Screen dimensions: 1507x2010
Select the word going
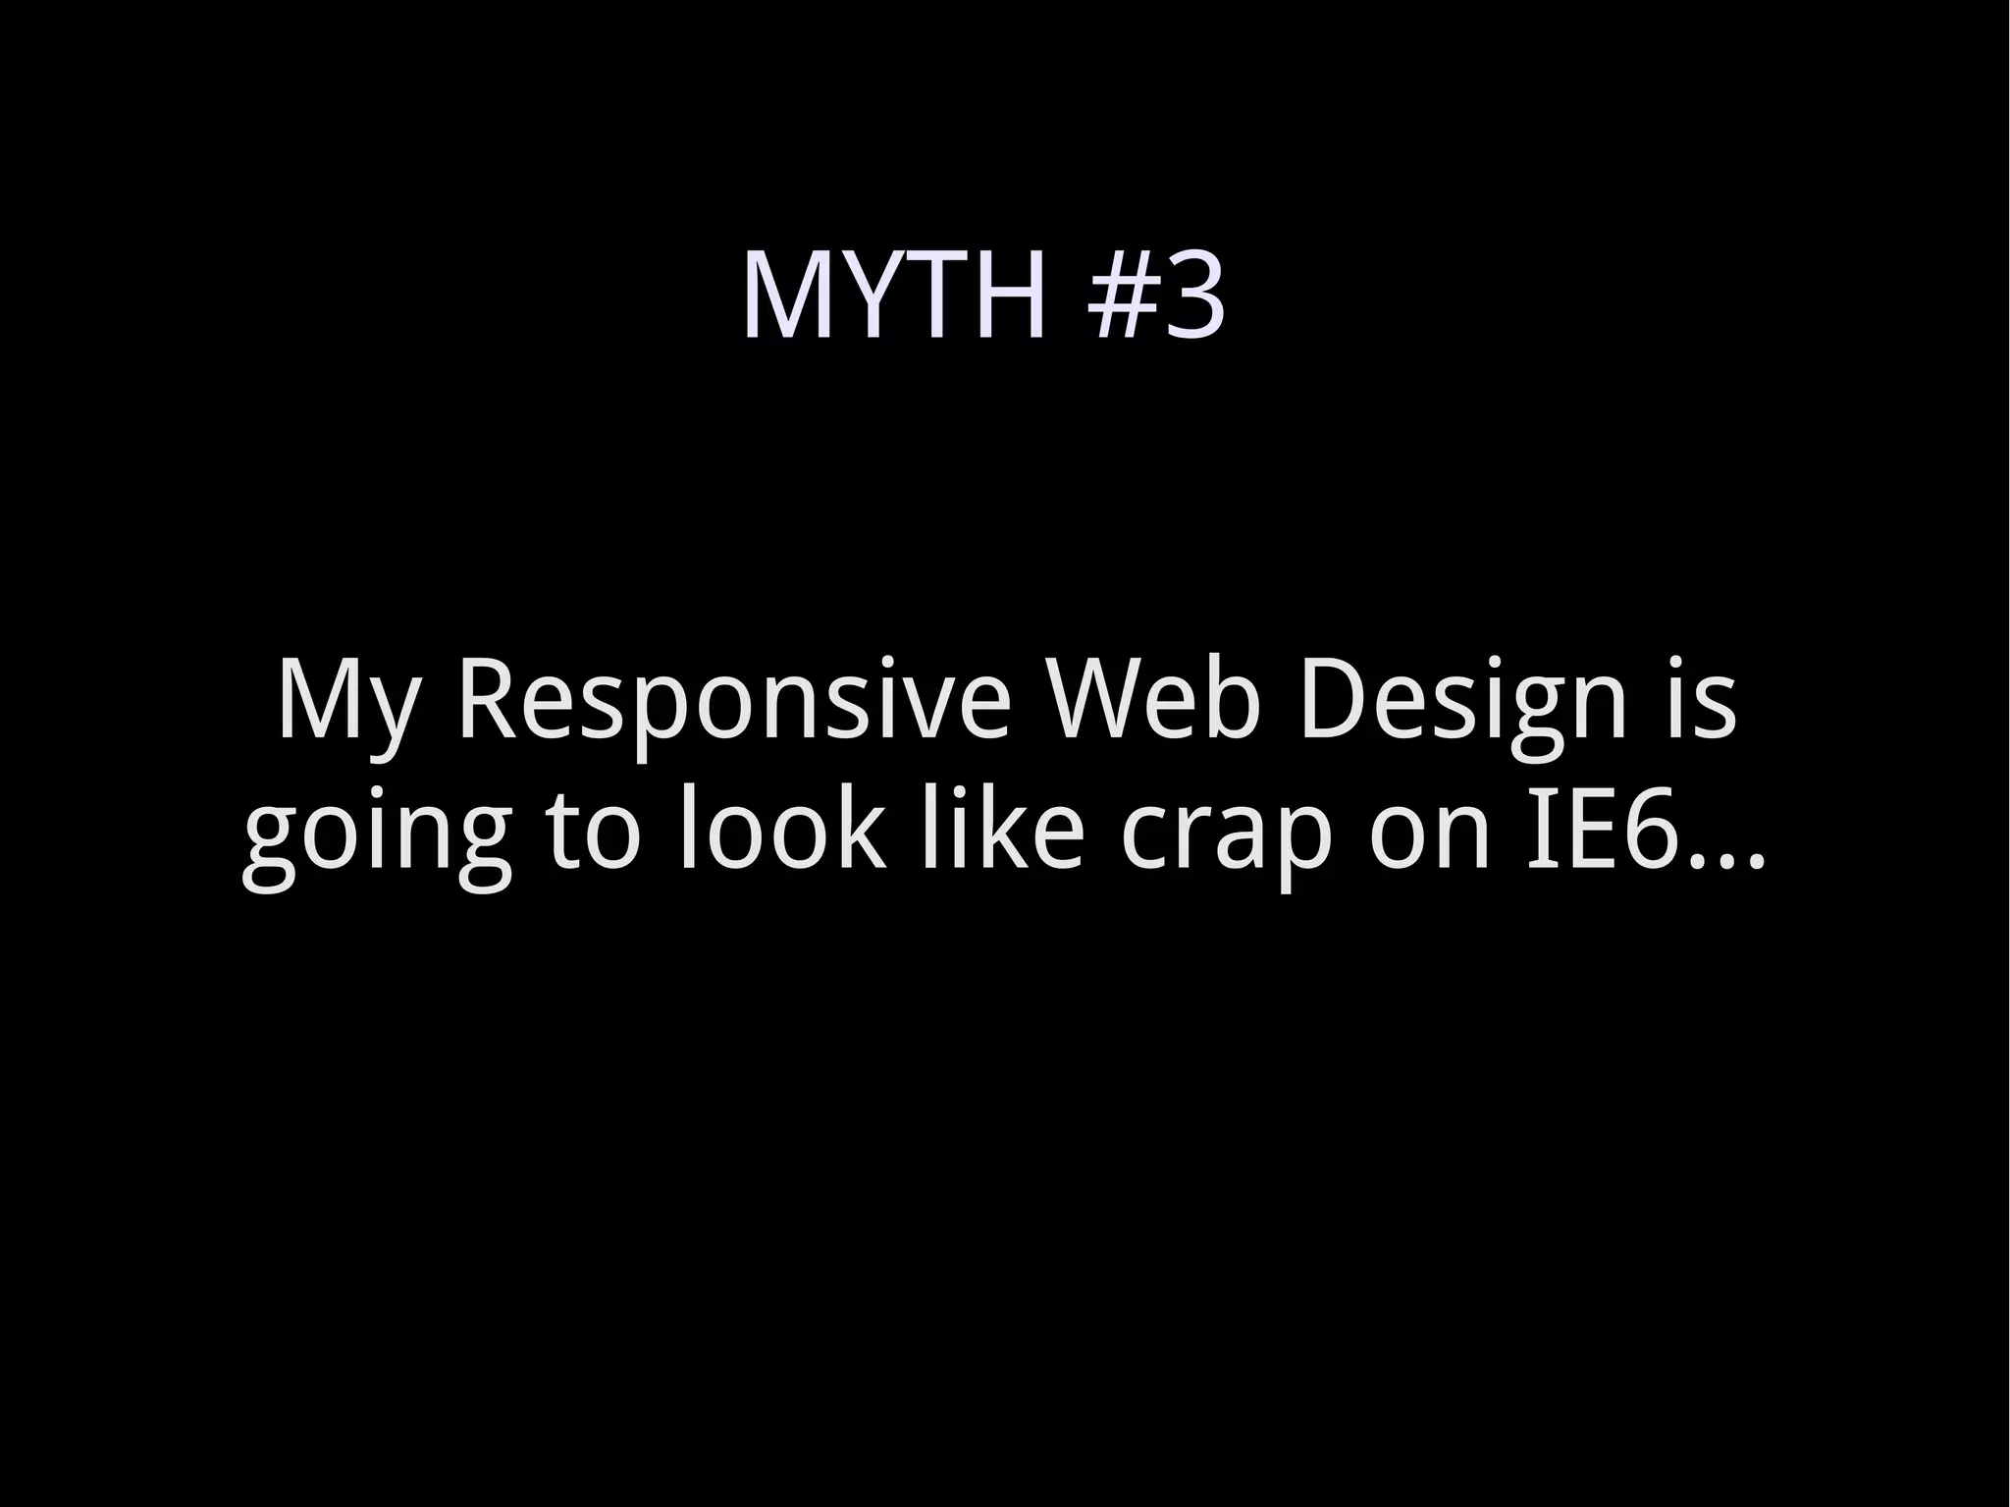[x=377, y=836]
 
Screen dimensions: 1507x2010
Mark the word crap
[x=1227, y=836]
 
